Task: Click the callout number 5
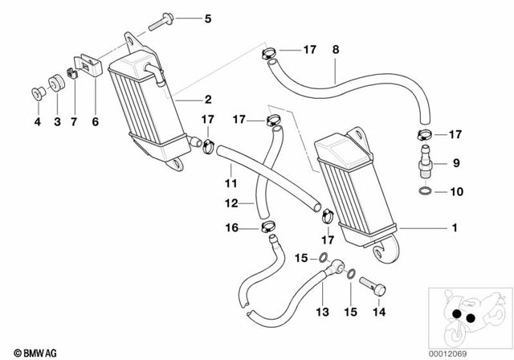click(x=208, y=18)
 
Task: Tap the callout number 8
click(x=335, y=49)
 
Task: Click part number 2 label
click(x=208, y=100)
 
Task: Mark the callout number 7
click(x=75, y=122)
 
